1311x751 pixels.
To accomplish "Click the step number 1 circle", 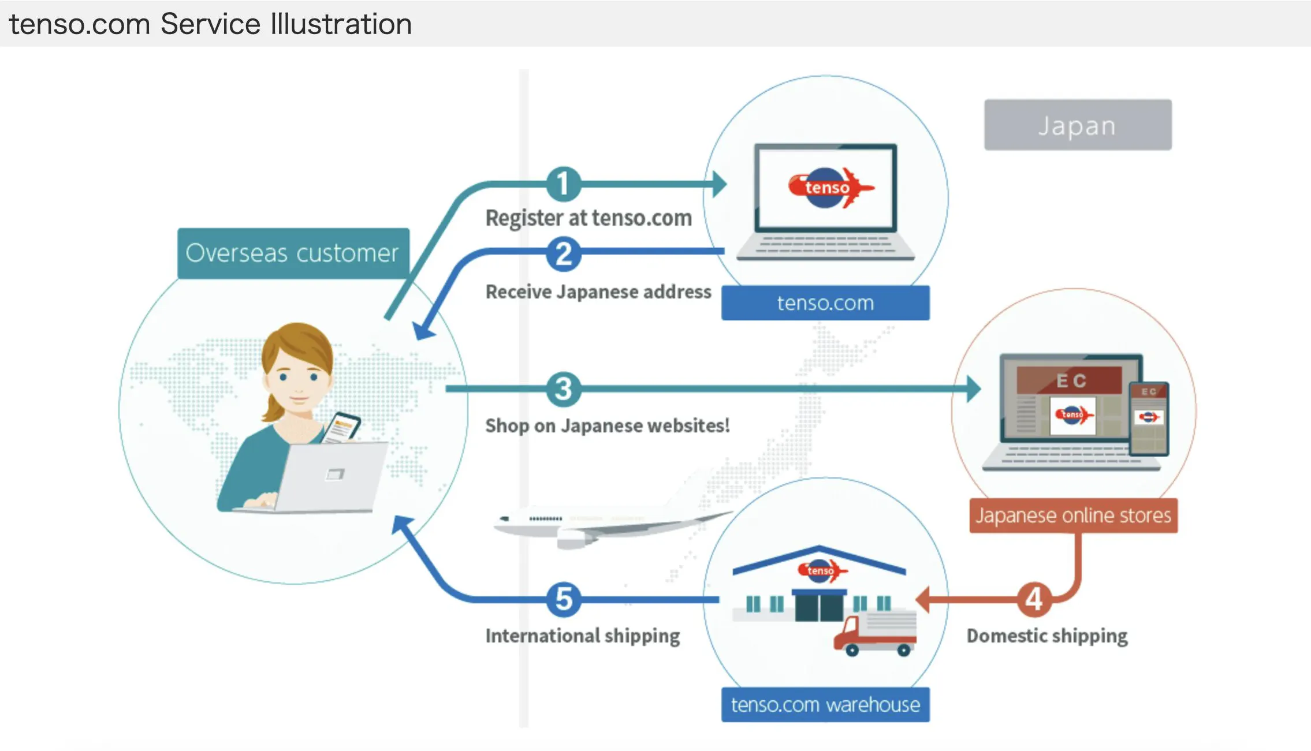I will (563, 184).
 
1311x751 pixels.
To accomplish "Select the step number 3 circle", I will (563, 388).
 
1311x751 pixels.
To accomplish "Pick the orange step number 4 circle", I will (1034, 599).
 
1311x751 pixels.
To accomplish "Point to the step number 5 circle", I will (563, 599).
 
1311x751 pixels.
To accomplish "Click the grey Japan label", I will (1078, 125).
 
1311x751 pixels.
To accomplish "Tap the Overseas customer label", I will (293, 253).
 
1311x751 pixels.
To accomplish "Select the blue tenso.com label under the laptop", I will (825, 303).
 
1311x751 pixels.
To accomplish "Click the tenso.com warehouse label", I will (825, 705).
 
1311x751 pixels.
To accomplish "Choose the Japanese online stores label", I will (1073, 515).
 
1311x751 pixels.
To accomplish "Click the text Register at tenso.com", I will (589, 218).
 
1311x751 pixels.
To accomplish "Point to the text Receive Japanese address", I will (598, 292).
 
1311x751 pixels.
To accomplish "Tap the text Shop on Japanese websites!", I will (608, 426).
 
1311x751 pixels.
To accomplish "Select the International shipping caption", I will (583, 636).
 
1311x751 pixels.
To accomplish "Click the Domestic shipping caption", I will (1047, 636).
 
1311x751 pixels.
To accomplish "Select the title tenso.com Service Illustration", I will (211, 24).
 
